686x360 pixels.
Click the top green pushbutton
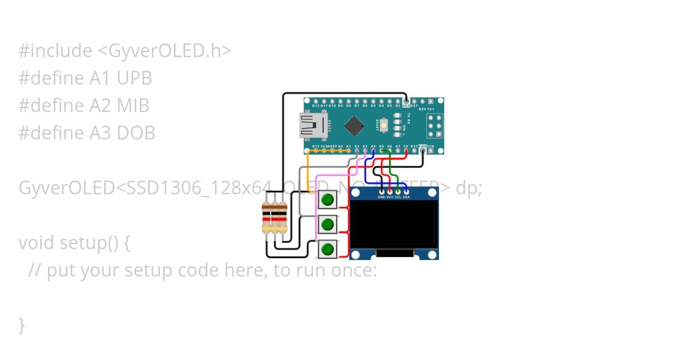[327, 199]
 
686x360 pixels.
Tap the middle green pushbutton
[327, 224]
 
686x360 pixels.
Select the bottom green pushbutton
[327, 249]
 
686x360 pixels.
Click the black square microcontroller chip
[354, 126]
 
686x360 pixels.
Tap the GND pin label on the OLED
[381, 197]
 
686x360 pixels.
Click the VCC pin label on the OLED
[390, 197]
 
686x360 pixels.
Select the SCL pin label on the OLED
[398, 197]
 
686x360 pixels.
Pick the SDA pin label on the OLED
[406, 197]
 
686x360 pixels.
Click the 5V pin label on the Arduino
[406, 146]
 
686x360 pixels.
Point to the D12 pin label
[316, 106]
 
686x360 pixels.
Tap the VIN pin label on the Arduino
[430, 146]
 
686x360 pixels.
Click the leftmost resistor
[266, 218]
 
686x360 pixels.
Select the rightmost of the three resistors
[282, 218]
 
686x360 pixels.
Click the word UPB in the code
[134, 78]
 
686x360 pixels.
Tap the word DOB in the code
[136, 133]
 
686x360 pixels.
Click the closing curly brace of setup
[22, 325]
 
